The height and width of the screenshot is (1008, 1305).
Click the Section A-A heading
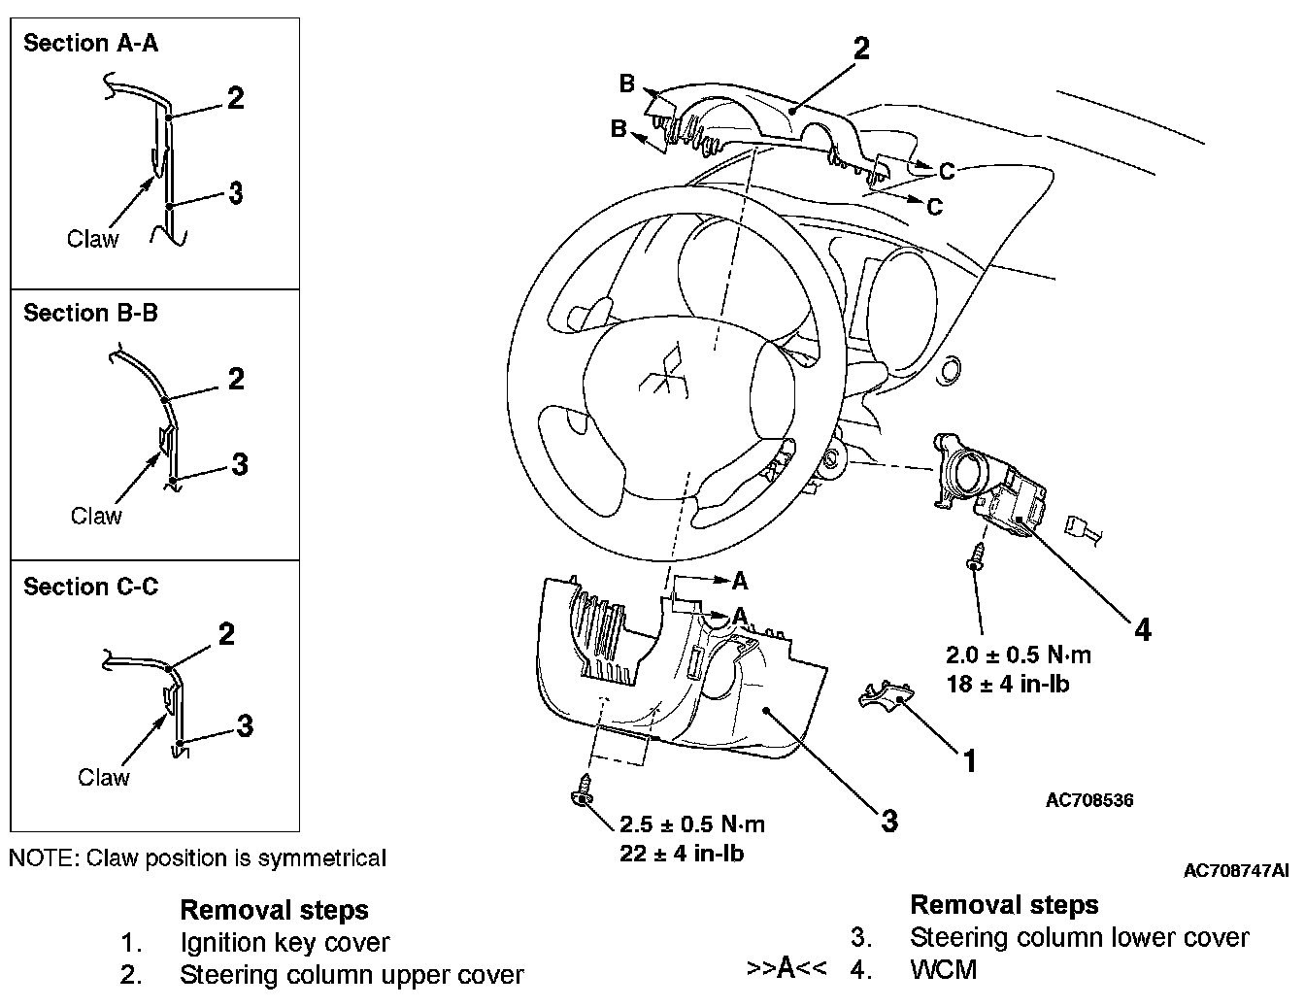[x=90, y=43]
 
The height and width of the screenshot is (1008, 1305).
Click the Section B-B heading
[x=90, y=313]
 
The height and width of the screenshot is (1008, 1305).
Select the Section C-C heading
[x=90, y=587]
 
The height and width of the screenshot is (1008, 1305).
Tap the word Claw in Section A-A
[x=92, y=239]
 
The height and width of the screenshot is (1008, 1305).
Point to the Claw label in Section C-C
[x=103, y=777]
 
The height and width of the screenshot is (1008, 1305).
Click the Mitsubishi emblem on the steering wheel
[x=664, y=374]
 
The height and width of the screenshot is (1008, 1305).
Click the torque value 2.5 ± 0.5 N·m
[x=692, y=824]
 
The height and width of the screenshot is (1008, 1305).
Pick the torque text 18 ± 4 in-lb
[x=1008, y=684]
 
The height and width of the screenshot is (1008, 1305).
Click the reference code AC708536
[x=1089, y=800]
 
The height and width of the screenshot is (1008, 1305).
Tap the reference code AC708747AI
[x=1235, y=870]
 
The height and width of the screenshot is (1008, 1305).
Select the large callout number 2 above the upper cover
[x=860, y=48]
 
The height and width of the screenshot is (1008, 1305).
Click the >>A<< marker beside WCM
[x=786, y=968]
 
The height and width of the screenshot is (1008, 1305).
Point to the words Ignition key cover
[x=284, y=942]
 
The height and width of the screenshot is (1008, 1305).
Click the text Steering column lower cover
[x=1079, y=937]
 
